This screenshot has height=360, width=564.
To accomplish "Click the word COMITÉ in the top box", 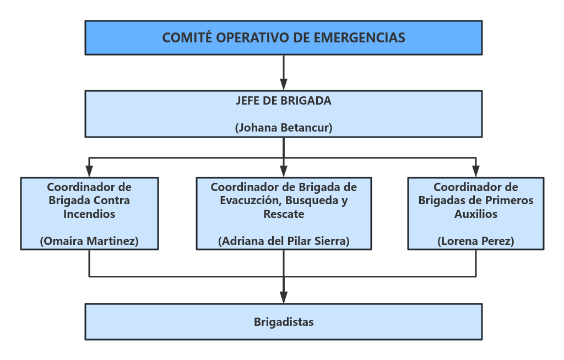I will click(x=187, y=38).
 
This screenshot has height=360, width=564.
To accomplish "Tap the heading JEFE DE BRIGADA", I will click(x=284, y=101).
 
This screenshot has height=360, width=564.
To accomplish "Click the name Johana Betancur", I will click(x=284, y=128).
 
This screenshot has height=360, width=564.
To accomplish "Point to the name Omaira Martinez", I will click(x=89, y=241).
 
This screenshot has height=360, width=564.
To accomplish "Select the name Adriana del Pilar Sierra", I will click(x=284, y=241).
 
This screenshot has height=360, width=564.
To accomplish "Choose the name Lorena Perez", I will click(x=476, y=241).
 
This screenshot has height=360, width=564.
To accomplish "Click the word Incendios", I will click(x=89, y=214).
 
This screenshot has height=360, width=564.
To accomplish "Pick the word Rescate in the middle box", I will click(x=284, y=214).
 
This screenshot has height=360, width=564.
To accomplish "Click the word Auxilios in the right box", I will click(x=476, y=214).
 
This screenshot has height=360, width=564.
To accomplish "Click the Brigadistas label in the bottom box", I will click(x=284, y=322).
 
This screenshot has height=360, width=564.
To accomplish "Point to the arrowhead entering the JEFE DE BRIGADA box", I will click(x=284, y=85).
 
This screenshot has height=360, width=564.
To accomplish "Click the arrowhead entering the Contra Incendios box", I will click(x=89, y=172).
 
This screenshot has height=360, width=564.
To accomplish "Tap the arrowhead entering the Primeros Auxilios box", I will click(x=476, y=172).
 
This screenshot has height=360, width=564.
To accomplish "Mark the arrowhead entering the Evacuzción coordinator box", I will click(x=284, y=172).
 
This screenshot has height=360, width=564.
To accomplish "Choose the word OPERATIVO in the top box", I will click(x=247, y=38).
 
